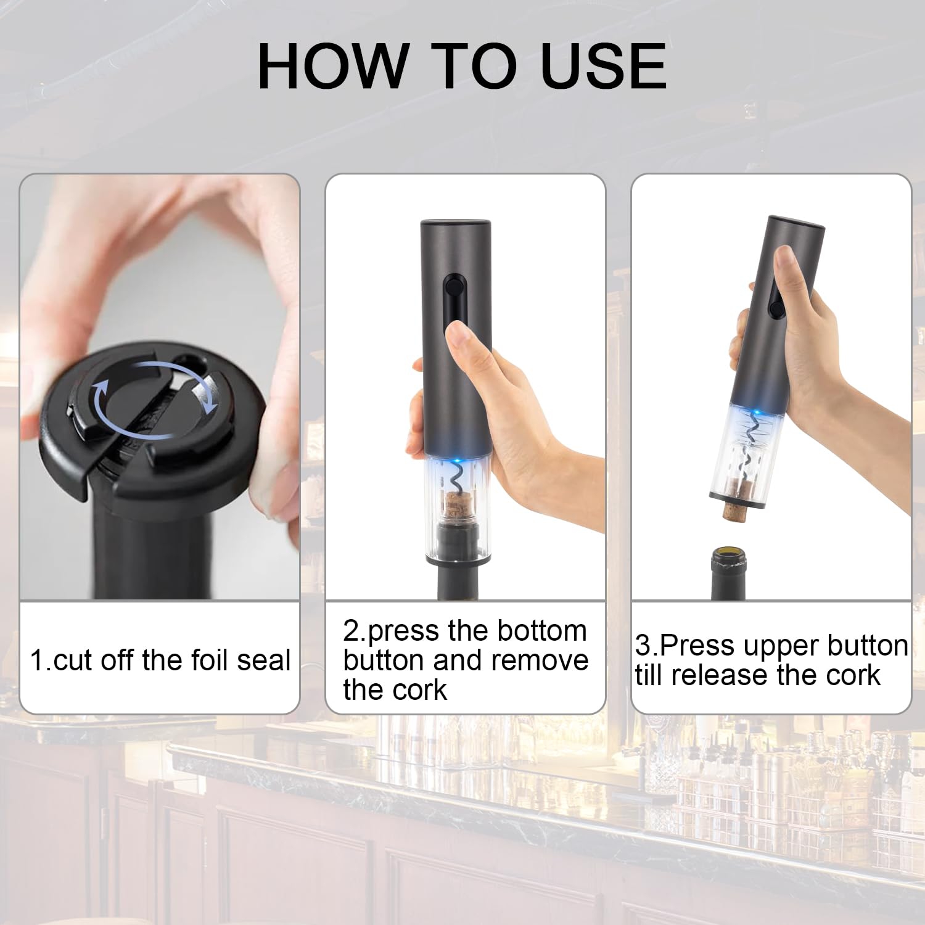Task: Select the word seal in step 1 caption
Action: (x=264, y=660)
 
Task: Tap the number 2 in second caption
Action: (x=351, y=631)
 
